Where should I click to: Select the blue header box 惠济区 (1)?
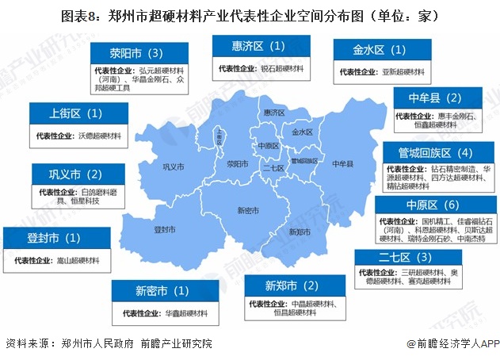coord(258,48)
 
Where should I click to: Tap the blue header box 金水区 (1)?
coord(380,51)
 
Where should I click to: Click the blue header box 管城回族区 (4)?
coord(437,152)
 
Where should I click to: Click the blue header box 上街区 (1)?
coord(76,113)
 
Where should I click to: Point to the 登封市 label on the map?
coord(164,228)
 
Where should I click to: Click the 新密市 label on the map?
coord(248,210)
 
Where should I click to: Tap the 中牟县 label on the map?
coord(344,163)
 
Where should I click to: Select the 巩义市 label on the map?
coord(173,167)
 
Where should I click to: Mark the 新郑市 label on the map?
coord(299,232)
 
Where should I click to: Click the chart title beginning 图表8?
coord(250,15)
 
